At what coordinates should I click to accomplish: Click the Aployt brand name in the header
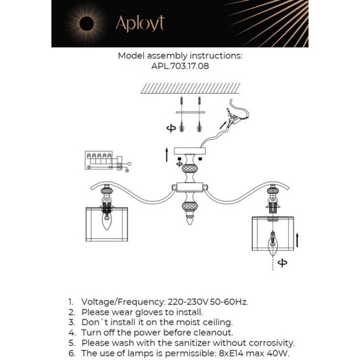pyautogui.click(x=140, y=24)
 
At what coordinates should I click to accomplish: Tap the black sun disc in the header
pyautogui.click(x=86, y=24)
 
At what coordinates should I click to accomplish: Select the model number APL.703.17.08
pyautogui.click(x=180, y=66)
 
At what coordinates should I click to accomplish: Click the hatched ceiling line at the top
pyautogui.click(x=190, y=88)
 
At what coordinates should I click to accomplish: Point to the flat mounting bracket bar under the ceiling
pyautogui.click(x=191, y=112)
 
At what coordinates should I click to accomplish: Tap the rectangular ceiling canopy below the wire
pyautogui.click(x=190, y=151)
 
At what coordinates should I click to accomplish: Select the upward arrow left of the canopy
pyautogui.click(x=167, y=155)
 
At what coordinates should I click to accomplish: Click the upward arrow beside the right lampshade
pyautogui.click(x=297, y=240)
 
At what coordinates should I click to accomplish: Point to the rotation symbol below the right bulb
pyautogui.click(x=282, y=263)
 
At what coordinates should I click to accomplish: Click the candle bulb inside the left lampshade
pyautogui.click(x=106, y=220)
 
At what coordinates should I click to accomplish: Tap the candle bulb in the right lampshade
pyautogui.click(x=272, y=244)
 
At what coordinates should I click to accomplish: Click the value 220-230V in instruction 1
pyautogui.click(x=188, y=302)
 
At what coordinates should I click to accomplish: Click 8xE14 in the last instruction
pyautogui.click(x=231, y=353)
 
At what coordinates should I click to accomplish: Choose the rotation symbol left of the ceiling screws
pyautogui.click(x=171, y=128)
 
